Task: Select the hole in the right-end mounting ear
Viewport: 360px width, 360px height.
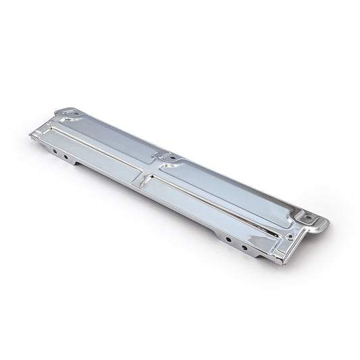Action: (311, 219)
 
